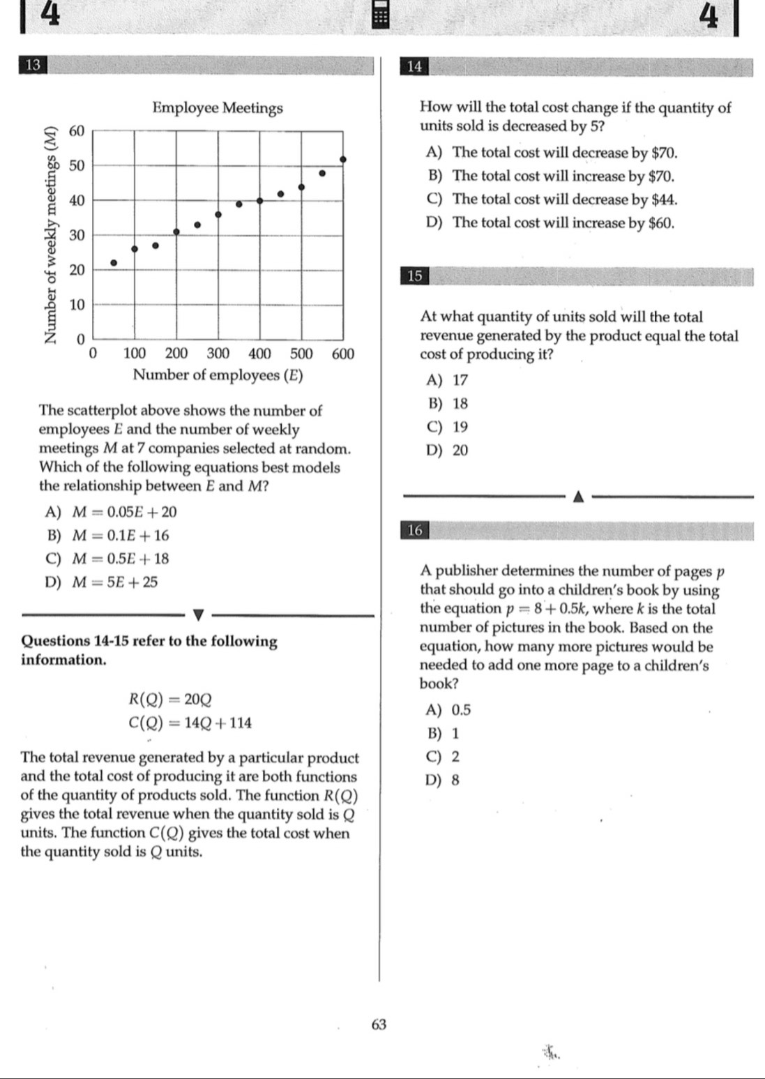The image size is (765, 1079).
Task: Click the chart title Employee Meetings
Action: (218, 108)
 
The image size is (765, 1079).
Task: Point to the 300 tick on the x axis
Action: (218, 354)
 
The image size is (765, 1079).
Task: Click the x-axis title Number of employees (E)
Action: (218, 375)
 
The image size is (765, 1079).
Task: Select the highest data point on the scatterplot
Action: (342, 160)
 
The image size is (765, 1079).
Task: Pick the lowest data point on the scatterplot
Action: (114, 263)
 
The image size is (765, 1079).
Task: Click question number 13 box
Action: (33, 66)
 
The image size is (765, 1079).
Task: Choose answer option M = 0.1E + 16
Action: (121, 536)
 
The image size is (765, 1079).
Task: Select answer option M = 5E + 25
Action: (116, 582)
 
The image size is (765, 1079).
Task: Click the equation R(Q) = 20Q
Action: (170, 699)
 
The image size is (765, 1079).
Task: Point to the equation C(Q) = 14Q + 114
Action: (190, 723)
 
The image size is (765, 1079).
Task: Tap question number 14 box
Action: (414, 66)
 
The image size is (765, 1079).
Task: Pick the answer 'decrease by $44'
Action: (564, 199)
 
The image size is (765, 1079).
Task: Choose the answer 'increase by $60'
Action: (563, 223)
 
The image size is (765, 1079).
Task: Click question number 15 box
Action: (414, 276)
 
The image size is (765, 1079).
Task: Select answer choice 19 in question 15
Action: (460, 427)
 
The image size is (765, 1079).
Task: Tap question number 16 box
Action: (414, 531)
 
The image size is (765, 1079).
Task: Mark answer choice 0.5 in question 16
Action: (461, 710)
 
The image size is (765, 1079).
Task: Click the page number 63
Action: (379, 1024)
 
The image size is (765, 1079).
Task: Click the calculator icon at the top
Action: (380, 15)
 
